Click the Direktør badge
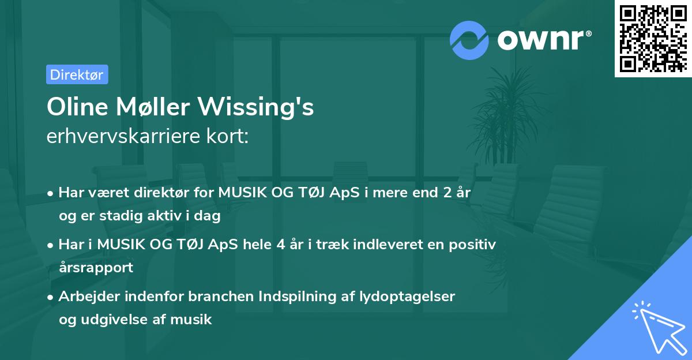tap(77, 74)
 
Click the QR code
tap(653, 38)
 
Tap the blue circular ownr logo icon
tap(469, 40)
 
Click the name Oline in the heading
tap(75, 107)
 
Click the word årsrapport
tap(96, 267)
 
